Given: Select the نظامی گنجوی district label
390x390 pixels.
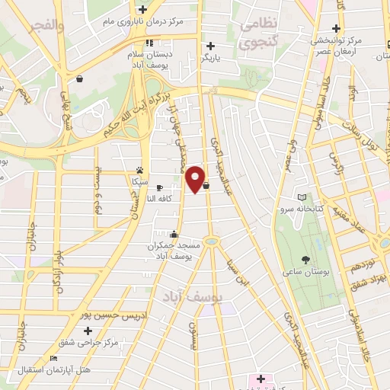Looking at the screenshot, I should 258,34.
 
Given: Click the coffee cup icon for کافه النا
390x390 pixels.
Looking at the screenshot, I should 159,187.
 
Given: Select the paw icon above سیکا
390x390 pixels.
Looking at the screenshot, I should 139,171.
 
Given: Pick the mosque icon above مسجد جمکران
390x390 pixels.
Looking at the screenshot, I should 174,234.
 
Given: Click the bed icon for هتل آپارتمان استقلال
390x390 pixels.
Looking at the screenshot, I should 53,358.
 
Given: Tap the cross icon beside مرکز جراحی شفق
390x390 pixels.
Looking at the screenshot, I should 88,331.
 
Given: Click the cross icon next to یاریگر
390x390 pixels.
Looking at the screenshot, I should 210,46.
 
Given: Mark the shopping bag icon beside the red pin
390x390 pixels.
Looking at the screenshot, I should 206,184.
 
